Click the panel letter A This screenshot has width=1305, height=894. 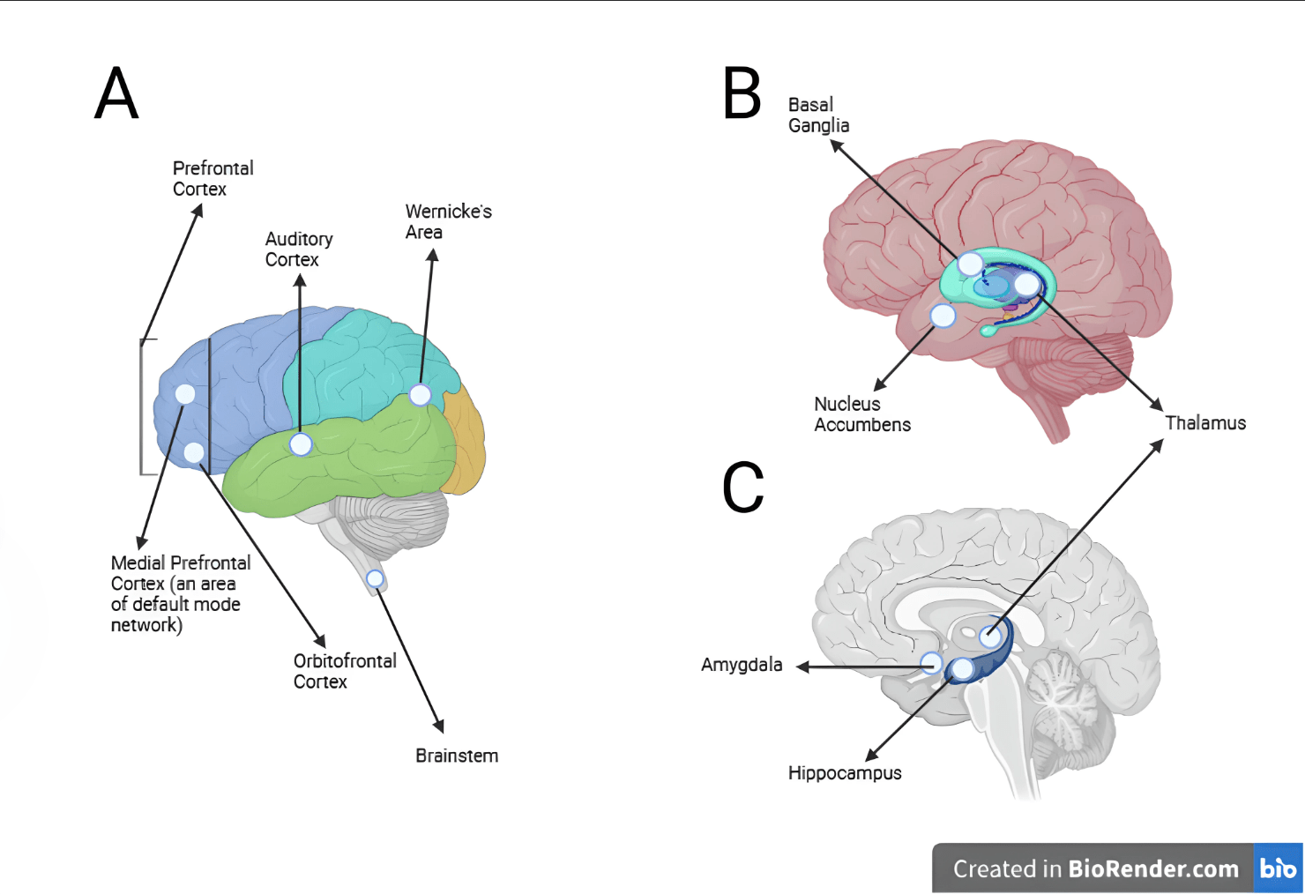(x=117, y=93)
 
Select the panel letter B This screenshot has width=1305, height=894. (x=742, y=93)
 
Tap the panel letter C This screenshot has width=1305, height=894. (x=743, y=487)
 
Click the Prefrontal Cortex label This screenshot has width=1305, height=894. (x=213, y=178)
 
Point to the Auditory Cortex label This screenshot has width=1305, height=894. (x=299, y=249)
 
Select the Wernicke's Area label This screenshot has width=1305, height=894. (x=448, y=221)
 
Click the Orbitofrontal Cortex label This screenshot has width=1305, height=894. (x=345, y=671)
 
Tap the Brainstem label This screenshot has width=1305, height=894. (x=457, y=756)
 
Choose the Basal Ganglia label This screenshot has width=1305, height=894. (x=818, y=115)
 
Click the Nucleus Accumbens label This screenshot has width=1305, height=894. (x=861, y=414)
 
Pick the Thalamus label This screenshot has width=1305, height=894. (x=1205, y=423)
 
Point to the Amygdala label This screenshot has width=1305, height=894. (x=742, y=665)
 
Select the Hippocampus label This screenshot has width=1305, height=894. (x=845, y=773)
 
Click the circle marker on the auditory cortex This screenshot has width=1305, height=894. (x=301, y=444)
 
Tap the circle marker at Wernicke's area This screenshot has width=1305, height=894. (x=421, y=395)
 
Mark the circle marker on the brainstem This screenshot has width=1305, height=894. (x=376, y=578)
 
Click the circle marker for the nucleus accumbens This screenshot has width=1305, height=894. (x=943, y=316)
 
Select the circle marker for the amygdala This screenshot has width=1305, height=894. (x=931, y=663)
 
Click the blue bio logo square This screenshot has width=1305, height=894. (x=1278, y=868)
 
